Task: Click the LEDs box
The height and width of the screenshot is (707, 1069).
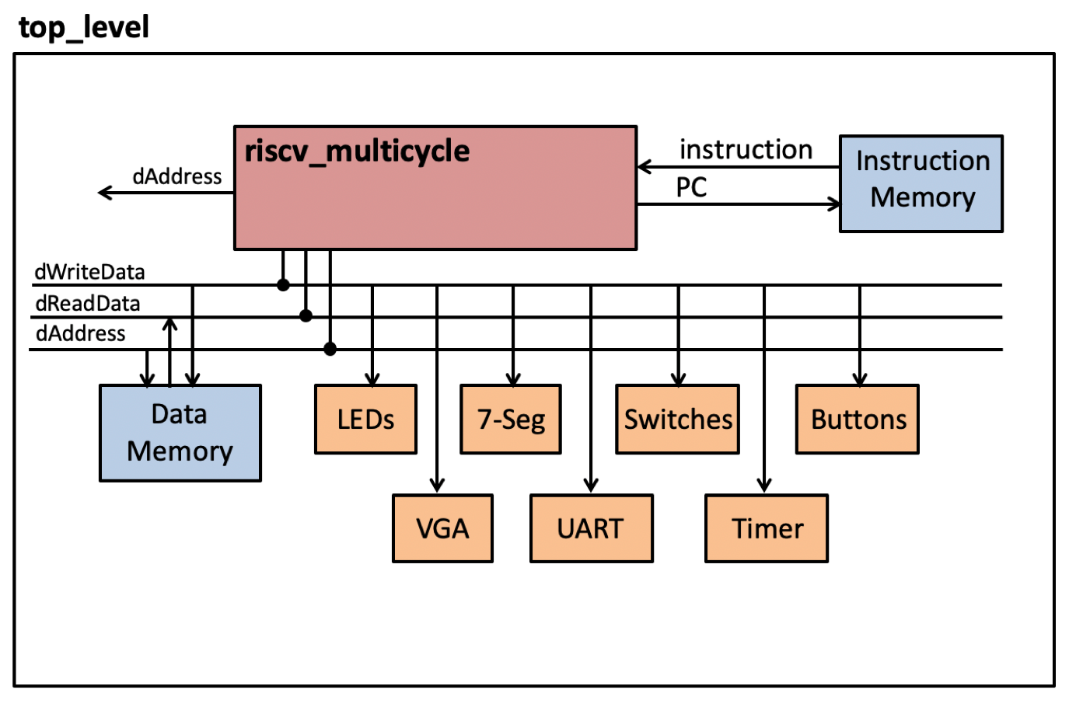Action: [365, 420]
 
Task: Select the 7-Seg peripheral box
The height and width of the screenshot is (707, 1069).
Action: [511, 420]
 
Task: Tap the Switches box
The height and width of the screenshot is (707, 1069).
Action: [677, 420]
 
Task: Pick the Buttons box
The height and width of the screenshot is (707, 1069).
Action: [858, 420]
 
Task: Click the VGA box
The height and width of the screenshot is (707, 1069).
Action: [442, 529]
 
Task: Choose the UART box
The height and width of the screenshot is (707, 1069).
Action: [591, 529]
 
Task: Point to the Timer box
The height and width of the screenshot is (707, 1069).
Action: [767, 529]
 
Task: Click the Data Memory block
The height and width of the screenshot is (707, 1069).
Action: [180, 433]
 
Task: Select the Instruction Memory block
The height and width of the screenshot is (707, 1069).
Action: [921, 184]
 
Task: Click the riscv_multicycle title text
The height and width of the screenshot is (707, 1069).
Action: [357, 151]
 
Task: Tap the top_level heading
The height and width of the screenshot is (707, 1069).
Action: [83, 28]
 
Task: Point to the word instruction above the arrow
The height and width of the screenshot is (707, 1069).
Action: [746, 149]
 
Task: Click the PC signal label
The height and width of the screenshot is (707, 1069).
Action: [691, 187]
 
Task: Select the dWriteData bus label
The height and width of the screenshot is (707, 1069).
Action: [89, 272]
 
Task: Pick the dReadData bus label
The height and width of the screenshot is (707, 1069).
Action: [88, 303]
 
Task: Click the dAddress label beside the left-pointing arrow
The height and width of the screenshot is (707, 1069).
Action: [177, 176]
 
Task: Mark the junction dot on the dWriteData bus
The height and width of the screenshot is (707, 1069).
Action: [283, 285]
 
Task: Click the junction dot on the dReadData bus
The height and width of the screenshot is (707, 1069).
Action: [306, 316]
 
